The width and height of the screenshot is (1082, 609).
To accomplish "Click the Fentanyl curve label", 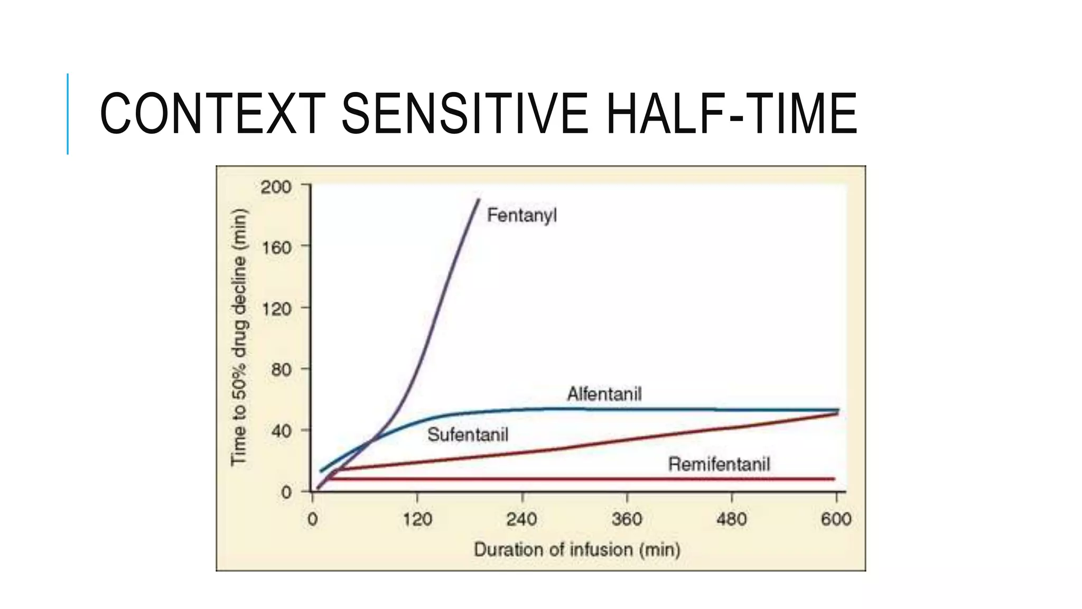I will point(521,216).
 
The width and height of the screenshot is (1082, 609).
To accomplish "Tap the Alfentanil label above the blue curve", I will point(604,394).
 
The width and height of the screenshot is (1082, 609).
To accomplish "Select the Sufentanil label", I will point(468,435).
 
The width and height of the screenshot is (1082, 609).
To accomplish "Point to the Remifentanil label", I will point(719,465).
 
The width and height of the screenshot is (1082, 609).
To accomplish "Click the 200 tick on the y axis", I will point(276,187).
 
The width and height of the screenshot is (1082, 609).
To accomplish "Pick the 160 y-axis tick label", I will point(276,247).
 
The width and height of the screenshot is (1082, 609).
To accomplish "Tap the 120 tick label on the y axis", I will point(276,309).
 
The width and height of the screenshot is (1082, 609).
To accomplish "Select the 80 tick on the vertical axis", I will point(281,370).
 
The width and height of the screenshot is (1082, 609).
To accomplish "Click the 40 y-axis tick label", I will point(281,431).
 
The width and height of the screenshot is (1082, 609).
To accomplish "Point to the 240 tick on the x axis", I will point(521,519).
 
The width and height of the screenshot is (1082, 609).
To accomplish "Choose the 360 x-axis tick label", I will point(627,519).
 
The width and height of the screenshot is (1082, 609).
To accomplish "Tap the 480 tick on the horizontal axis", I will point(731,519).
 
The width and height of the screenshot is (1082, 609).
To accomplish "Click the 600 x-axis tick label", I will point(836,519).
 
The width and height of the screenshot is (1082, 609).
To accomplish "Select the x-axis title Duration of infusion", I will point(576,550).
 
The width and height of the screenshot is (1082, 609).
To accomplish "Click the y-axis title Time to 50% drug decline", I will point(239,337).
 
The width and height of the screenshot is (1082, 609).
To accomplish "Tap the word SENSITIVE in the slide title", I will point(464,114).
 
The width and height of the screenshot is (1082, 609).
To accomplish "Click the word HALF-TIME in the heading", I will point(731,114).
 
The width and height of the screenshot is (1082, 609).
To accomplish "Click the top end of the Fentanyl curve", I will point(479,200).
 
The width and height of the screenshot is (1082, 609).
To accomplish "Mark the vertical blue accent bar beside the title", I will point(68,114).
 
